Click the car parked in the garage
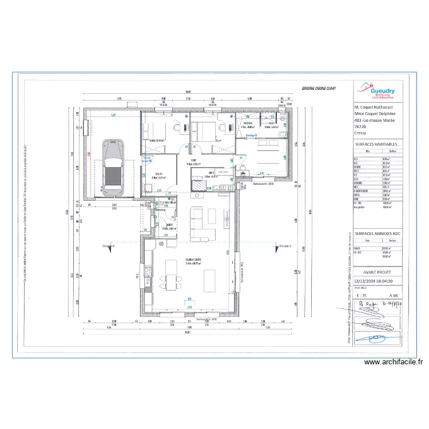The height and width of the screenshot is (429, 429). point(112,166)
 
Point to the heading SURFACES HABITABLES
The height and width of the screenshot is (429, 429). point(378,146)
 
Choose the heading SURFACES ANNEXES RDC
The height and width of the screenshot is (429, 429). point(378,235)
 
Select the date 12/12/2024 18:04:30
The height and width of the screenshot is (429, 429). point(378,281)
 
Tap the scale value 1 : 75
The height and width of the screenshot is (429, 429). point(362,295)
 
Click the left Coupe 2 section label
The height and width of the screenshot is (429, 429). point(108,245)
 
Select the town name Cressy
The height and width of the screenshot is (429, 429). point(361,133)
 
